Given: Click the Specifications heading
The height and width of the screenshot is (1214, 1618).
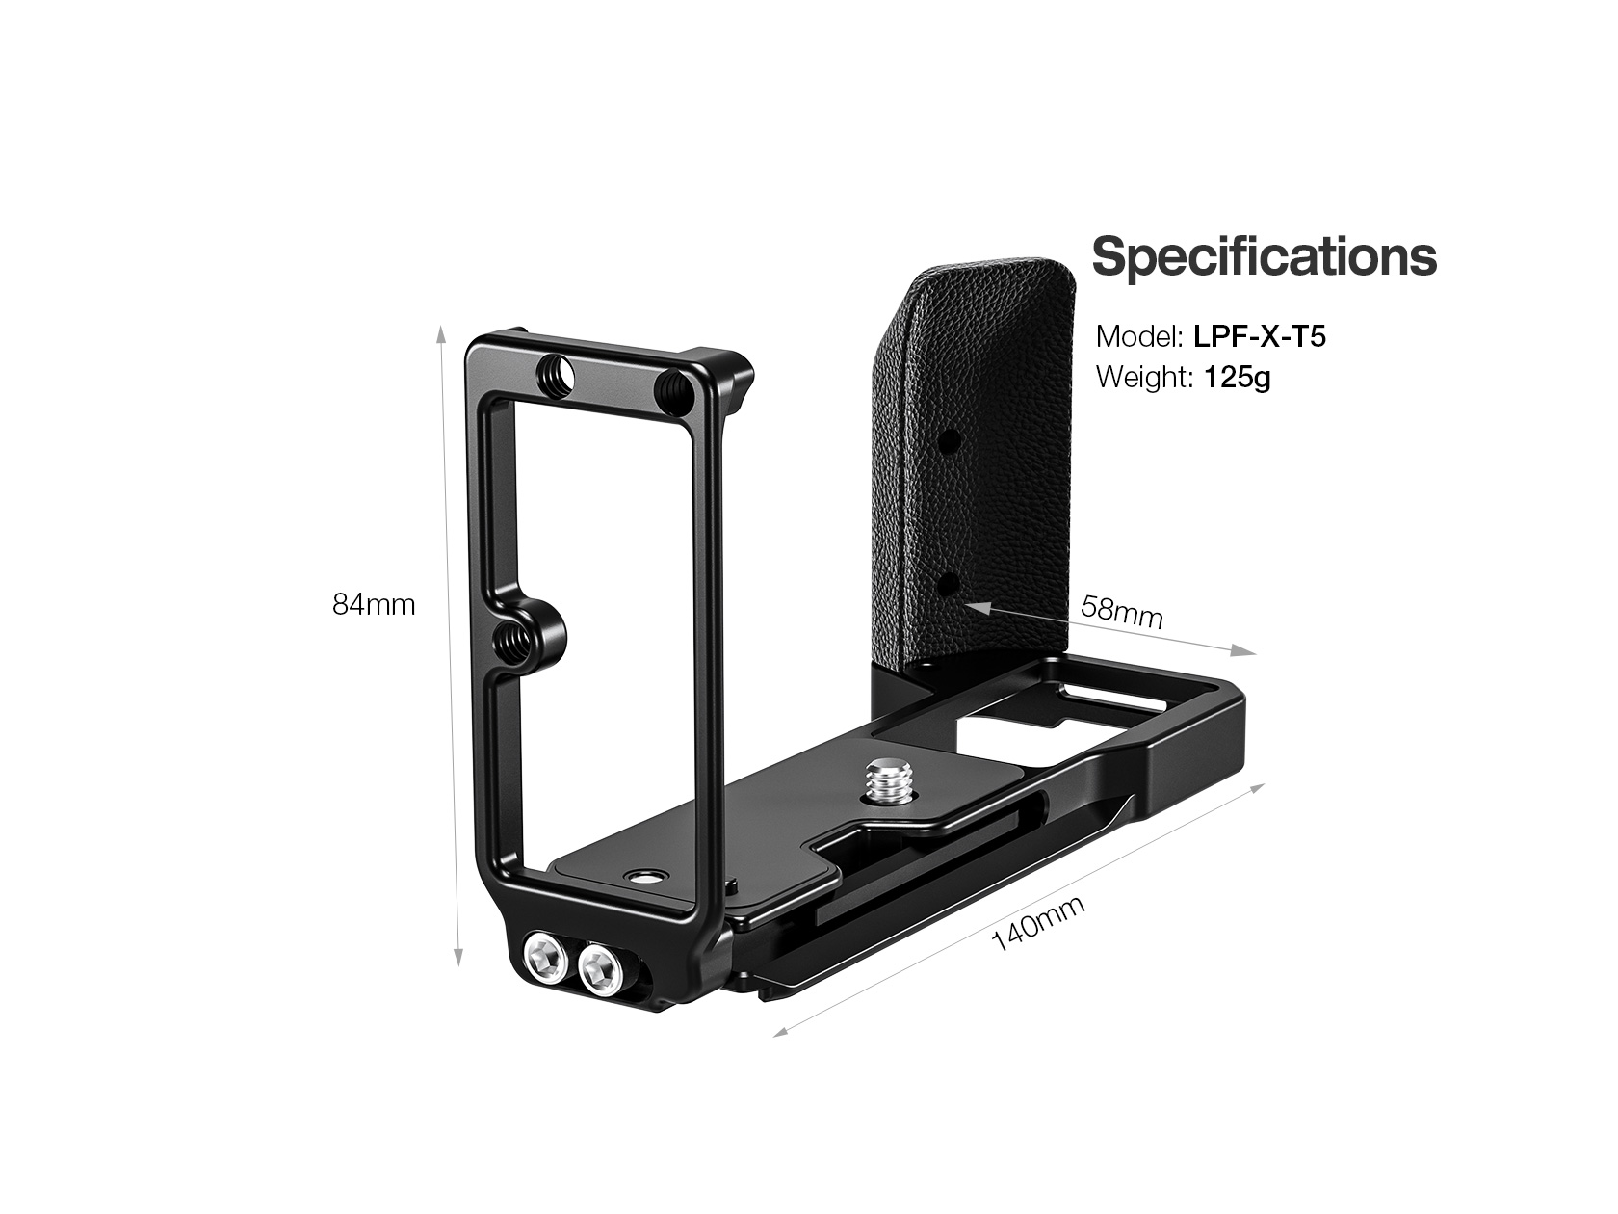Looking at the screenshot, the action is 1264,256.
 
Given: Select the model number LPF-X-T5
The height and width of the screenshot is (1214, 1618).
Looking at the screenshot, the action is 1260,336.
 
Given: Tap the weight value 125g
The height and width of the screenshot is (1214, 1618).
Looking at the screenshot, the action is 1238,378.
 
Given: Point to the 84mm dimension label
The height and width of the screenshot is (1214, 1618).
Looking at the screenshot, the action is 374,604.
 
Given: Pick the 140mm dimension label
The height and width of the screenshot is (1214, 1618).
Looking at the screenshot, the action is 1038,923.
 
